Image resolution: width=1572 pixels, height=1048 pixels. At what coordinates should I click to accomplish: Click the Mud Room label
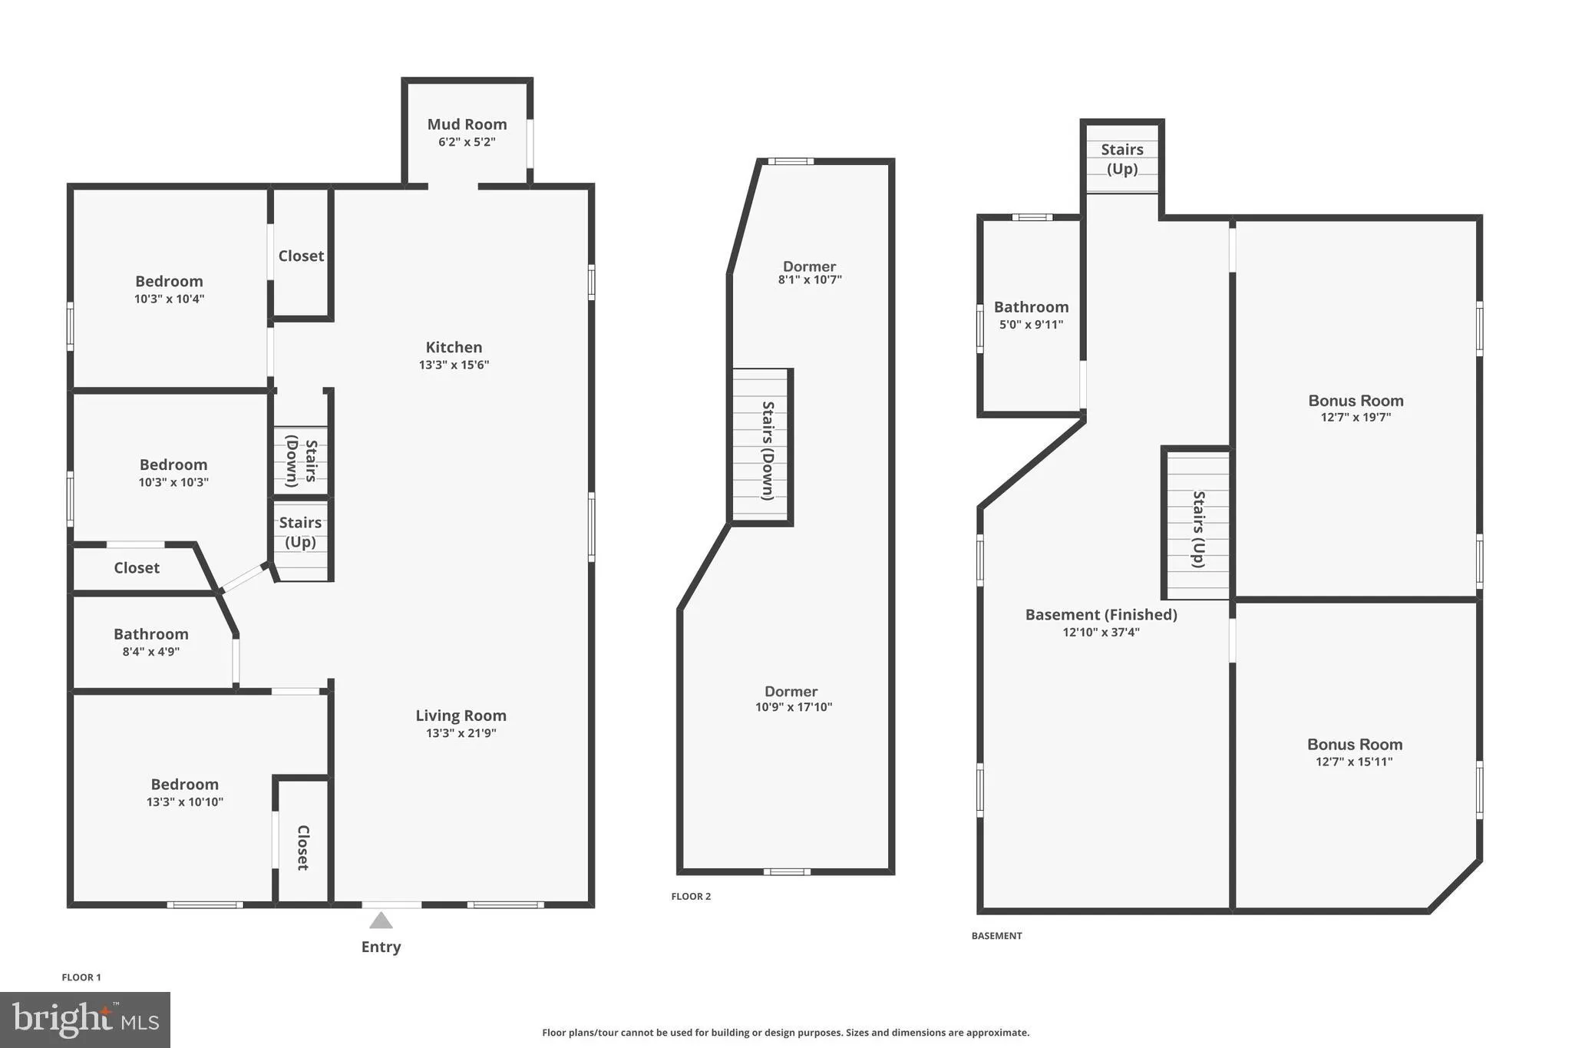coord(467,124)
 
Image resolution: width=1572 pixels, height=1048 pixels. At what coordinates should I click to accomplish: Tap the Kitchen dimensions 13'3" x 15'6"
coord(454,365)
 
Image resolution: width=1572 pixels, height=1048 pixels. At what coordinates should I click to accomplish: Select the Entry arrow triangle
coord(381,921)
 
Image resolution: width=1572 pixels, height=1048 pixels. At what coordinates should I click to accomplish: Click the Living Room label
coord(461,716)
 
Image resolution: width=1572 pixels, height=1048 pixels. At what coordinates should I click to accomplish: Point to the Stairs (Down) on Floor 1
coord(301,461)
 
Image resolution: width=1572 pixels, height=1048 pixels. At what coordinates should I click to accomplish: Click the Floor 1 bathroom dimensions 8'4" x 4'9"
coord(151,652)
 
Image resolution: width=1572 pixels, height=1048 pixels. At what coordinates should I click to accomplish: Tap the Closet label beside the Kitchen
coord(301,256)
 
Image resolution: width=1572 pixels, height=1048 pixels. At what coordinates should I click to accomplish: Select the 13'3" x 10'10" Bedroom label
coord(184,785)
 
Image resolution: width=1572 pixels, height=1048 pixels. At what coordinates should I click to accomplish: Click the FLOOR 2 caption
coord(691,896)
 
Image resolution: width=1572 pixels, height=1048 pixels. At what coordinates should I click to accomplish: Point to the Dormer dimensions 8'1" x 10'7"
coord(810,280)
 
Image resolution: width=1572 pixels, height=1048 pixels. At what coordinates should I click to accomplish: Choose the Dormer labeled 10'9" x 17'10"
coord(791,692)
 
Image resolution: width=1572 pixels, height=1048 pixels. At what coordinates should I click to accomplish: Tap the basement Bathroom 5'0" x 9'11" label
coord(1031,307)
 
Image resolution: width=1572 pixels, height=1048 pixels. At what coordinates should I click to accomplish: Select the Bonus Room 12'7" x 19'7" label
coord(1356,401)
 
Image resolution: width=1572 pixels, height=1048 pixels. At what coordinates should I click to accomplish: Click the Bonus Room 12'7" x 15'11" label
coord(1355,745)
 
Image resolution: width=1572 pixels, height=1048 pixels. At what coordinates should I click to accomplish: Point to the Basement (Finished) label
coord(1101,615)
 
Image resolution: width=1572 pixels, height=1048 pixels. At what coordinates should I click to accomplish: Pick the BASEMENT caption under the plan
coord(996,936)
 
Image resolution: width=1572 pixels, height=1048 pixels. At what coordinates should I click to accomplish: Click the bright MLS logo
coord(85,1020)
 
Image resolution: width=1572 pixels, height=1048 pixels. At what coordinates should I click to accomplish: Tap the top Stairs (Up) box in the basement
coord(1121,159)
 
